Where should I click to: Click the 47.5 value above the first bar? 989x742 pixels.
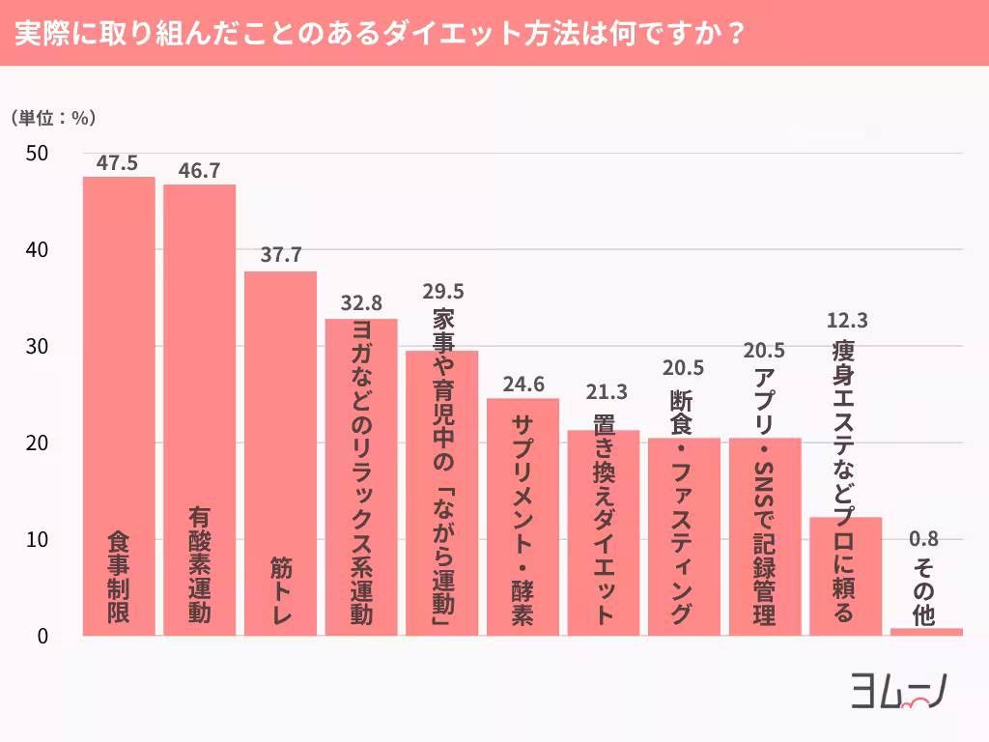pyautogui.click(x=118, y=162)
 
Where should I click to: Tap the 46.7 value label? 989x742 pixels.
pyautogui.click(x=199, y=170)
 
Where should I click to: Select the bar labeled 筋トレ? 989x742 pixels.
pyautogui.click(x=280, y=454)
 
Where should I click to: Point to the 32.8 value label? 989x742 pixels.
pyautogui.click(x=360, y=303)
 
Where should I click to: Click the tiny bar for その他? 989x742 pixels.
pyautogui.click(x=926, y=632)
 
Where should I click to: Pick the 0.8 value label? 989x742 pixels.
pyautogui.click(x=923, y=539)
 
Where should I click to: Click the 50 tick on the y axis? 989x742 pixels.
pyautogui.click(x=39, y=154)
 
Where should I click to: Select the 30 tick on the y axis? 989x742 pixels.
pyautogui.click(x=39, y=347)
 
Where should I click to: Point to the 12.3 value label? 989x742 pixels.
pyautogui.click(x=846, y=320)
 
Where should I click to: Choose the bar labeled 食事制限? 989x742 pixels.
pyautogui.click(x=118, y=406)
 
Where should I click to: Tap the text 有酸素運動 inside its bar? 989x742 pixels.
pyautogui.click(x=200, y=565)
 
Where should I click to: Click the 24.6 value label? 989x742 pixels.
pyautogui.click(x=523, y=384)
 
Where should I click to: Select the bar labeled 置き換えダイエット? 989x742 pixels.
pyautogui.click(x=604, y=532)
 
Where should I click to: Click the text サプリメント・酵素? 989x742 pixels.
pyautogui.click(x=523, y=521)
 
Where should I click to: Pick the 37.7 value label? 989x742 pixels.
pyautogui.click(x=281, y=256)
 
